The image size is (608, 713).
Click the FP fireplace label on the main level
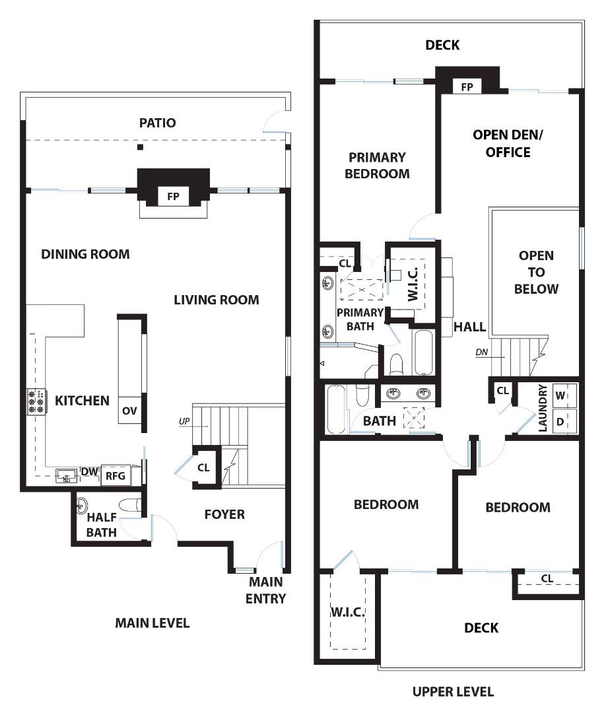pyautogui.click(x=173, y=196)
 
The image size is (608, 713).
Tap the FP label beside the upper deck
pyautogui.click(x=467, y=86)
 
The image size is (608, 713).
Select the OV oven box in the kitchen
pyautogui.click(x=129, y=411)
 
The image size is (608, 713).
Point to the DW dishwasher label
pyautogui.click(x=88, y=471)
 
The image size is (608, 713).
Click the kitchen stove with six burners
pyautogui.click(x=36, y=401)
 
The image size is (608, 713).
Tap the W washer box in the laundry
pyautogui.click(x=560, y=395)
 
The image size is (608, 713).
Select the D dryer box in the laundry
pyautogui.click(x=560, y=421)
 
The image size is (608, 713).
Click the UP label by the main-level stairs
pyautogui.click(x=184, y=420)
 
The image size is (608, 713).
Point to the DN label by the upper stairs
pyautogui.click(x=482, y=353)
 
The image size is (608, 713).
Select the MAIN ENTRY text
pyautogui.click(x=267, y=590)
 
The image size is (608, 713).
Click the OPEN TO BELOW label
pyautogui.click(x=536, y=272)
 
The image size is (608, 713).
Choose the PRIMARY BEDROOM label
pyautogui.click(x=378, y=166)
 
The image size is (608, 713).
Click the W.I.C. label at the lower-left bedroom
pyautogui.click(x=347, y=612)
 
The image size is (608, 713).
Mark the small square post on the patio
pyautogui.click(x=140, y=147)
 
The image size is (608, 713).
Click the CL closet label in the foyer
pyautogui.click(x=204, y=467)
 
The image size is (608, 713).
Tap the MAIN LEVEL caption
pyautogui.click(x=152, y=623)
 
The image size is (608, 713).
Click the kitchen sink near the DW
pyautogui.click(x=64, y=475)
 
